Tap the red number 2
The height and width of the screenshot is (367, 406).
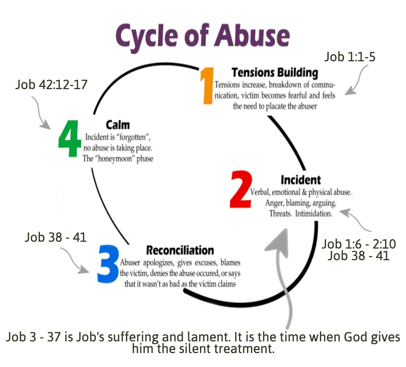pos(241,190)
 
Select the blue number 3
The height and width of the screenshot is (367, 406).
pos(108,264)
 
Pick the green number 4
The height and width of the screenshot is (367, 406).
pos(70,138)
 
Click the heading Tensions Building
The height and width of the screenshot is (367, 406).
pos(274,72)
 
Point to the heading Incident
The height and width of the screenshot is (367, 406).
pos(300,180)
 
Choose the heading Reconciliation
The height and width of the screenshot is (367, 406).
pos(180,250)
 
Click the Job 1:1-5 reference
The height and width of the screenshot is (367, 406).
pos(350,57)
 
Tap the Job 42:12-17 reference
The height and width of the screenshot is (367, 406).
pos(52,85)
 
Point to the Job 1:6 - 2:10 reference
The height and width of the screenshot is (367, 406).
pos(358,244)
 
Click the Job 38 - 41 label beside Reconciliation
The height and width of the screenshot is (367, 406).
pos(56,237)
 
